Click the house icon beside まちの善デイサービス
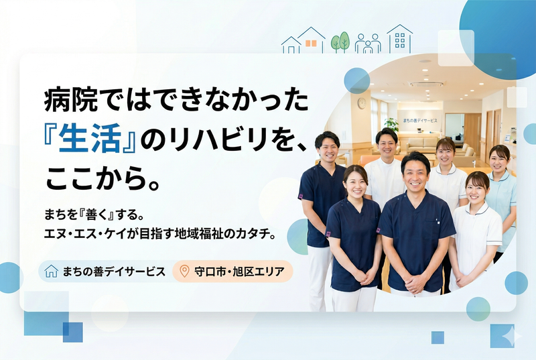(x=51, y=272)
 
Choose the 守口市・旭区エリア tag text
(x=239, y=272)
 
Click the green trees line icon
(x=340, y=42)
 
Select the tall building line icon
(x=399, y=39)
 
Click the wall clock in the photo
(x=362, y=103)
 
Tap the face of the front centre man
(x=415, y=172)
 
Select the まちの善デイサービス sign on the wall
(x=420, y=120)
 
